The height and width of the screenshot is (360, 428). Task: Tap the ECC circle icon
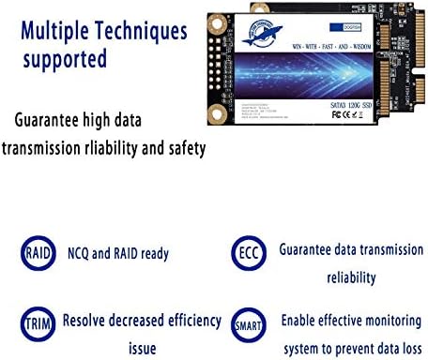pos(247,253)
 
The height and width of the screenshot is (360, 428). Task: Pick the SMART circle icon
pos(247,322)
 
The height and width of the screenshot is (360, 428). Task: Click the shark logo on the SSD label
pos(247,36)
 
